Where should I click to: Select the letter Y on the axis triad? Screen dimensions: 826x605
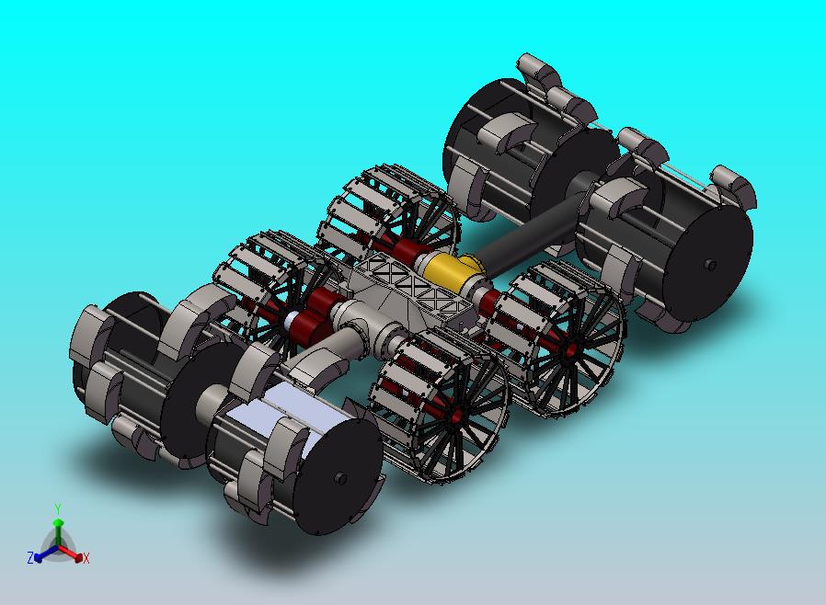click(58, 508)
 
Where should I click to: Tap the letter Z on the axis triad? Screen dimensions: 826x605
click(30, 557)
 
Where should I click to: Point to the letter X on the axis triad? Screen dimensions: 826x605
click(86, 558)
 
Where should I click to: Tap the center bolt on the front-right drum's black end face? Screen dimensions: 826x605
click(340, 478)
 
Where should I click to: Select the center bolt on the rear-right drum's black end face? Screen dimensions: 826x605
click(711, 265)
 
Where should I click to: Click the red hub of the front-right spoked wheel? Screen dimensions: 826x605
click(455, 417)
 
